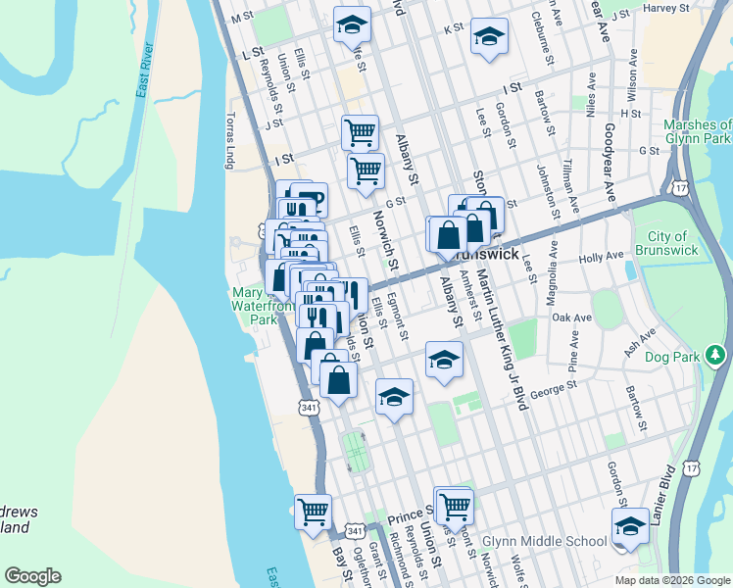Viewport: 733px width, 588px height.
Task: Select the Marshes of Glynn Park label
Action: point(697,132)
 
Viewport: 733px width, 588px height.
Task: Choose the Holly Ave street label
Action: point(601,257)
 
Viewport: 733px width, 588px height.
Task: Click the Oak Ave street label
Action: point(572,318)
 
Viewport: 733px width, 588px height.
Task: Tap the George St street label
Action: point(549,395)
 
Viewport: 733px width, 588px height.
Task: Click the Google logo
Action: point(32,576)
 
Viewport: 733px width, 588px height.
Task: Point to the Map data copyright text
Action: point(671,580)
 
